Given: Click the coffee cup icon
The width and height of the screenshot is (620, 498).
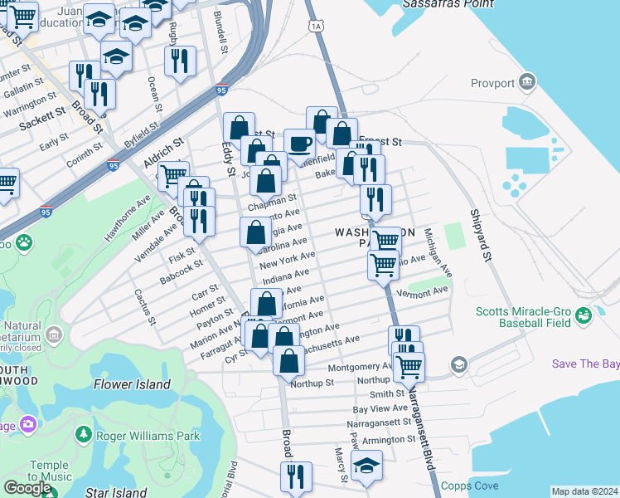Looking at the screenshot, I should pyautogui.click(x=299, y=144).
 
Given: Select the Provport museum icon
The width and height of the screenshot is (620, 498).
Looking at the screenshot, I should pyautogui.click(x=526, y=82).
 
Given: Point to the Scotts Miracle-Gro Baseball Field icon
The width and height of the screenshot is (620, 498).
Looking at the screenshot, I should pyautogui.click(x=584, y=315).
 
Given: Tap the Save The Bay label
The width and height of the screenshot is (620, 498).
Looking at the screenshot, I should pyautogui.click(x=585, y=364).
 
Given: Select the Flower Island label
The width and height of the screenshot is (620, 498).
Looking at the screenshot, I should pyautogui.click(x=132, y=384).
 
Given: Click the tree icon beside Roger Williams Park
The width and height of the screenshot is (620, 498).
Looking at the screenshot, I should pyautogui.click(x=83, y=435).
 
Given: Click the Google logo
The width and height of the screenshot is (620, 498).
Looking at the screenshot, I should pyautogui.click(x=27, y=488).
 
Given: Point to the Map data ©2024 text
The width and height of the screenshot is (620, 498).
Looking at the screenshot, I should pyautogui.click(x=584, y=491).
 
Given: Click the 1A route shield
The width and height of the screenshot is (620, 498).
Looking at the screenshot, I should pyautogui.click(x=317, y=27).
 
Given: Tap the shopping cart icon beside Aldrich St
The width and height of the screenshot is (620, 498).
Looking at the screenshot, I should pyautogui.click(x=172, y=175).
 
